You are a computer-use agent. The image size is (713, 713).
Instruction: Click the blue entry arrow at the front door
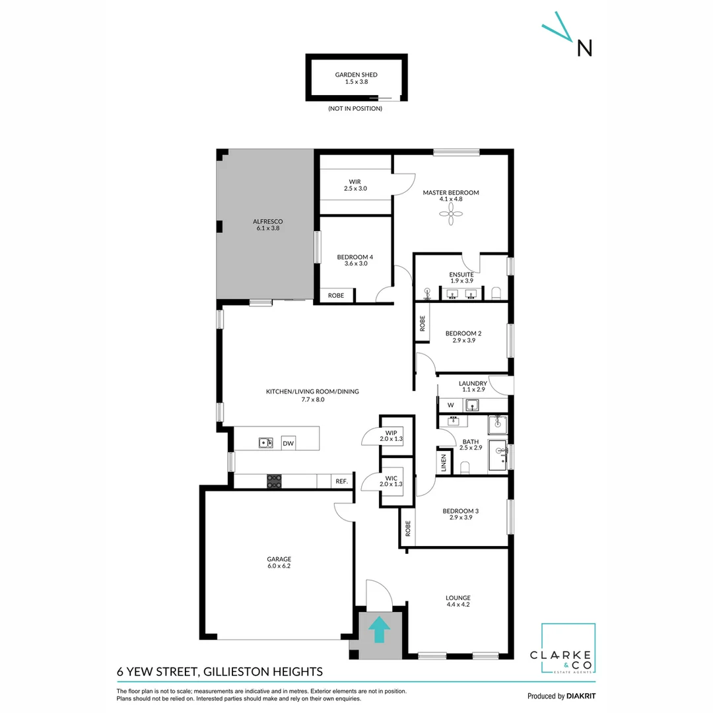[378, 630]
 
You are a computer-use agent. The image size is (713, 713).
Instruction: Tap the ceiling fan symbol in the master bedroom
[451, 214]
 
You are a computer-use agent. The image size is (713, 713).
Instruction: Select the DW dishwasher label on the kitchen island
[289, 444]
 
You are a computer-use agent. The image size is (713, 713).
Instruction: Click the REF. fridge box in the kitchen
[341, 482]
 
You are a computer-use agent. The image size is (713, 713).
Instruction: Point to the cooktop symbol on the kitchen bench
[274, 481]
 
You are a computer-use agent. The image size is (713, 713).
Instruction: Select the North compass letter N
[584, 48]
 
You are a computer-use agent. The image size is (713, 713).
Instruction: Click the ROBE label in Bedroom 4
[336, 296]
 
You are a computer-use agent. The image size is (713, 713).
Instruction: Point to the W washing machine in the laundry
[451, 405]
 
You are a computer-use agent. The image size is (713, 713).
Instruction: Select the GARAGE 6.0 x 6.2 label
[279, 562]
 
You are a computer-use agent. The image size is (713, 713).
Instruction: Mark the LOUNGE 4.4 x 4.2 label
[458, 601]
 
